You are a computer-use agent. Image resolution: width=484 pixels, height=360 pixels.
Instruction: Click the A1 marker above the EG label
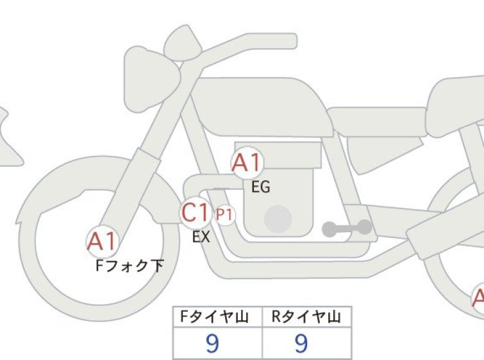click(247, 162)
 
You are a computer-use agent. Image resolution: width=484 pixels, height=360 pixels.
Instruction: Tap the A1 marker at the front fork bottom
click(102, 241)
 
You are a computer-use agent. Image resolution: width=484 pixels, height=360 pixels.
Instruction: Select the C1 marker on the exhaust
click(196, 212)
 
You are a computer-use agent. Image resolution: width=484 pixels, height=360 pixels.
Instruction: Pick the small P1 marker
click(225, 214)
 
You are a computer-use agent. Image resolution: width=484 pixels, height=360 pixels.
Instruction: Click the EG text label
click(261, 187)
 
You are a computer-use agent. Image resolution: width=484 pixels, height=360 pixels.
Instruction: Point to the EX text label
click(201, 237)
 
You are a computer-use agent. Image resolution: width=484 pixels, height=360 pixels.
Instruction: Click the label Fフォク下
click(129, 266)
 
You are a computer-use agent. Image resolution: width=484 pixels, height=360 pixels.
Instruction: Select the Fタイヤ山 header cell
click(217, 317)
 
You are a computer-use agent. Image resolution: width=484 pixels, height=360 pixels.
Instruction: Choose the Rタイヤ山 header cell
click(307, 317)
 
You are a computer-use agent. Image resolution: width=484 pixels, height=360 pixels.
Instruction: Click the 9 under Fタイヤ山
click(212, 343)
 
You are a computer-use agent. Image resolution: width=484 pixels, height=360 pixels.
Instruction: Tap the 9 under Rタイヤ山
click(301, 343)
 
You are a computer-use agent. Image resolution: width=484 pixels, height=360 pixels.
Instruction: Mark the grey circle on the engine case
click(278, 219)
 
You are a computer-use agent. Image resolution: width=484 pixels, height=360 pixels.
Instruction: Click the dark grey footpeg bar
click(347, 228)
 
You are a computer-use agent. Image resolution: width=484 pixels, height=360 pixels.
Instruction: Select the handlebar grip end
click(290, 41)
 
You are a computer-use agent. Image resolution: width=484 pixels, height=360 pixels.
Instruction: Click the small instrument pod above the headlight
click(183, 42)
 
